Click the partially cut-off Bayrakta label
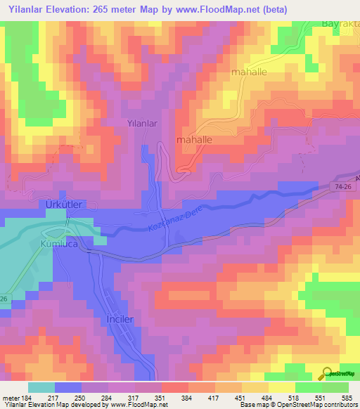340,23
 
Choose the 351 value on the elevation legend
161,398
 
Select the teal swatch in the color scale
41,387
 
